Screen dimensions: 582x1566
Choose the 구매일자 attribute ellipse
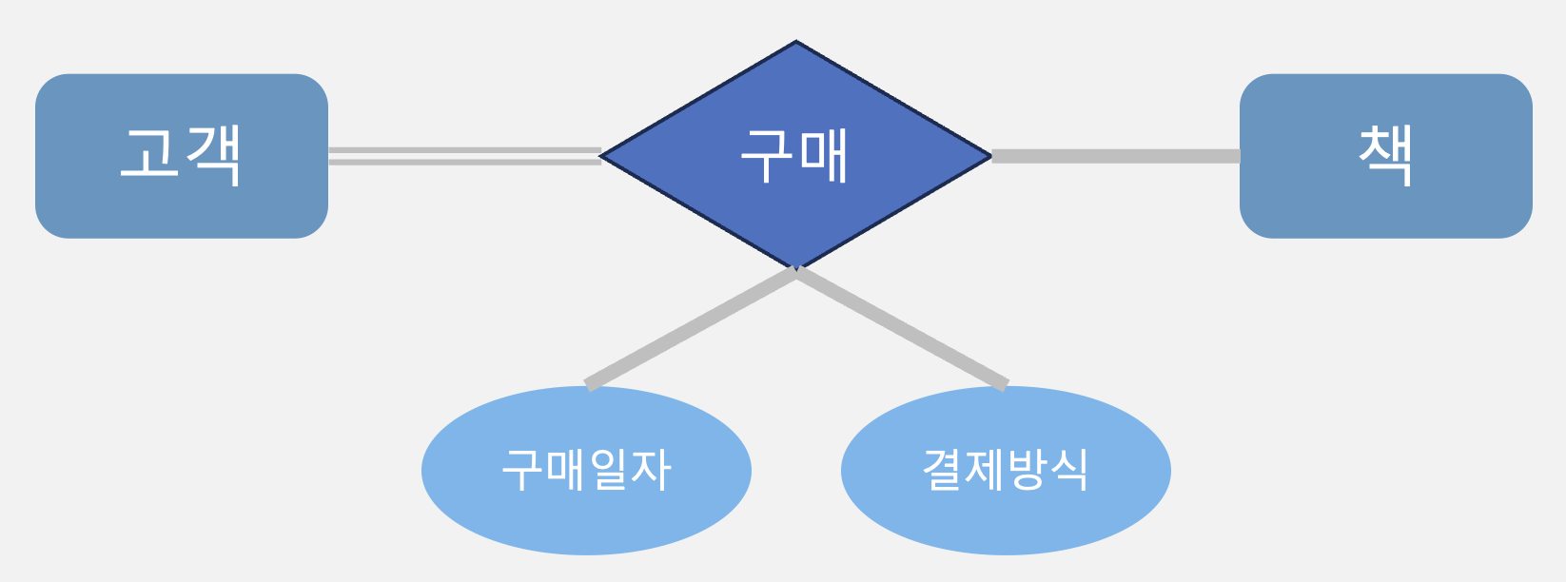click(586, 518)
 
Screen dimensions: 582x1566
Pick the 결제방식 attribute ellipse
click(1006, 518)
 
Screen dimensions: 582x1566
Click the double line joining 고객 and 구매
click(464, 156)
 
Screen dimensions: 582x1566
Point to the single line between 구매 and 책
click(1115, 156)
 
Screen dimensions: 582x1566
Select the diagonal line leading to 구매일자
click(691, 328)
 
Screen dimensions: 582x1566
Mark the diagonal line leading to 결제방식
click(902, 328)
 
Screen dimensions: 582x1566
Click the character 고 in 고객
click(150, 153)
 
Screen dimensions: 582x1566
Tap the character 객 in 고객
click(215, 155)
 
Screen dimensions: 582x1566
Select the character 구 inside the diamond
click(767, 156)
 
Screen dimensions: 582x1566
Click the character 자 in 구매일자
click(652, 470)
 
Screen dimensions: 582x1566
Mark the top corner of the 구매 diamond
click(795, 44)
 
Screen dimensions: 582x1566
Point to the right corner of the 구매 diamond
click(989, 156)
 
